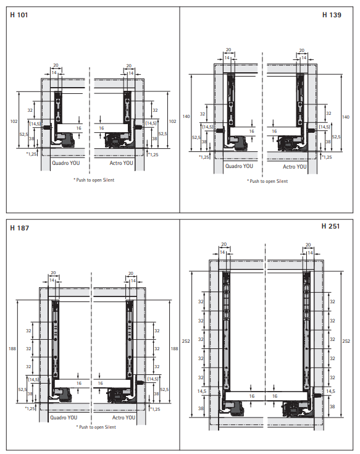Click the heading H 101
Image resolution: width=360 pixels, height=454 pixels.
[19, 15]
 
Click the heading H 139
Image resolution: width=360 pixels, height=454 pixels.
[332, 15]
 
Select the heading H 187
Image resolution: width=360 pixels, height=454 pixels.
[19, 228]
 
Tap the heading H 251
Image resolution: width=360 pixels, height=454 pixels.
[330, 226]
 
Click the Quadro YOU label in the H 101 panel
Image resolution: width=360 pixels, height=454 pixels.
[65, 163]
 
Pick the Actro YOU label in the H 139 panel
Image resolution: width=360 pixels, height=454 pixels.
[295, 167]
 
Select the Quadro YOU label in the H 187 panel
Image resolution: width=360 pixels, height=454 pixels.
[64, 418]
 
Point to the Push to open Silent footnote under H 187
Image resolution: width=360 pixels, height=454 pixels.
[97, 427]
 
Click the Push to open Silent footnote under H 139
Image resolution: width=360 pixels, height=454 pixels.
[267, 181]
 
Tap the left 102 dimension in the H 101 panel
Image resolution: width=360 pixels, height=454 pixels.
[14, 121]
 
